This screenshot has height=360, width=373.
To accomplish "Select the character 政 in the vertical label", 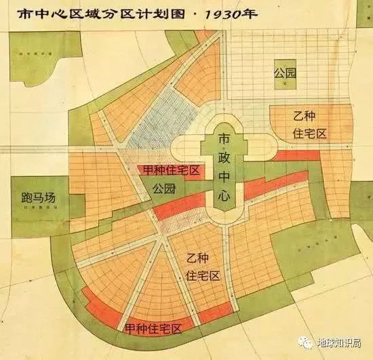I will [224, 159].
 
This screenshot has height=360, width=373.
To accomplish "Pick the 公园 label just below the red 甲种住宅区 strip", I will [165, 187].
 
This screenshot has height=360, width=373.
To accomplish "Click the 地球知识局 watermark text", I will [339, 344].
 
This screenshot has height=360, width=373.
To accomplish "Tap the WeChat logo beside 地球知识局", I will [307, 344].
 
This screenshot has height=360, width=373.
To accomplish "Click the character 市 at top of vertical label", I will [224, 140].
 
